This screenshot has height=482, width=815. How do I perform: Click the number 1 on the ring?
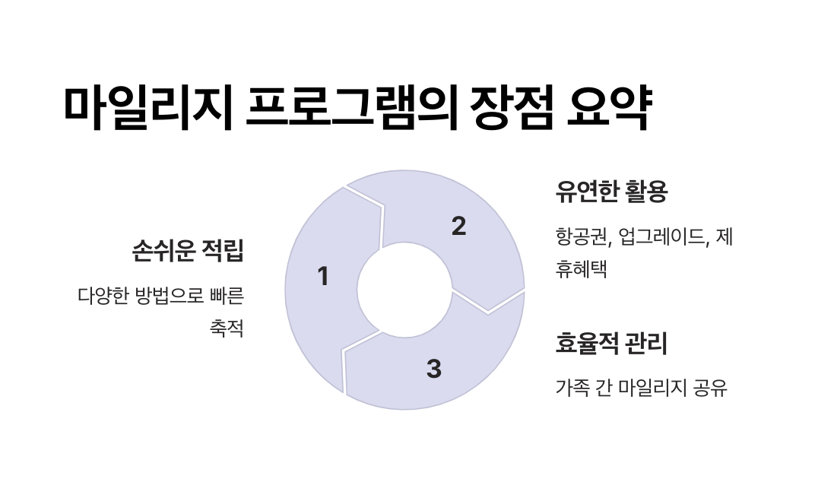pyautogui.click(x=323, y=277)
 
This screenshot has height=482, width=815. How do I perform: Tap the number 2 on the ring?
pyautogui.click(x=458, y=227)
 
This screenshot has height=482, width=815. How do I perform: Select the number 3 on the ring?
pyautogui.click(x=433, y=369)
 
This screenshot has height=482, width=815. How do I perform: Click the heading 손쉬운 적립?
pyautogui.click(x=188, y=250)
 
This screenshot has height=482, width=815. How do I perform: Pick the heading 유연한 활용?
pyautogui.click(x=611, y=192)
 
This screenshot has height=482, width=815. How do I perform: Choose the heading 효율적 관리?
pyautogui.click(x=611, y=344)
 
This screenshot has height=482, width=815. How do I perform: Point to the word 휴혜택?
pyautogui.click(x=582, y=268)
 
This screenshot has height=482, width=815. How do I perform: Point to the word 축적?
pyautogui.click(x=226, y=328)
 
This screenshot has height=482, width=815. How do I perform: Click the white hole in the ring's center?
pyautogui.click(x=404, y=289)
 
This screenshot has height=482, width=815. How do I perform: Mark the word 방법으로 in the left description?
pyautogui.click(x=171, y=295)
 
